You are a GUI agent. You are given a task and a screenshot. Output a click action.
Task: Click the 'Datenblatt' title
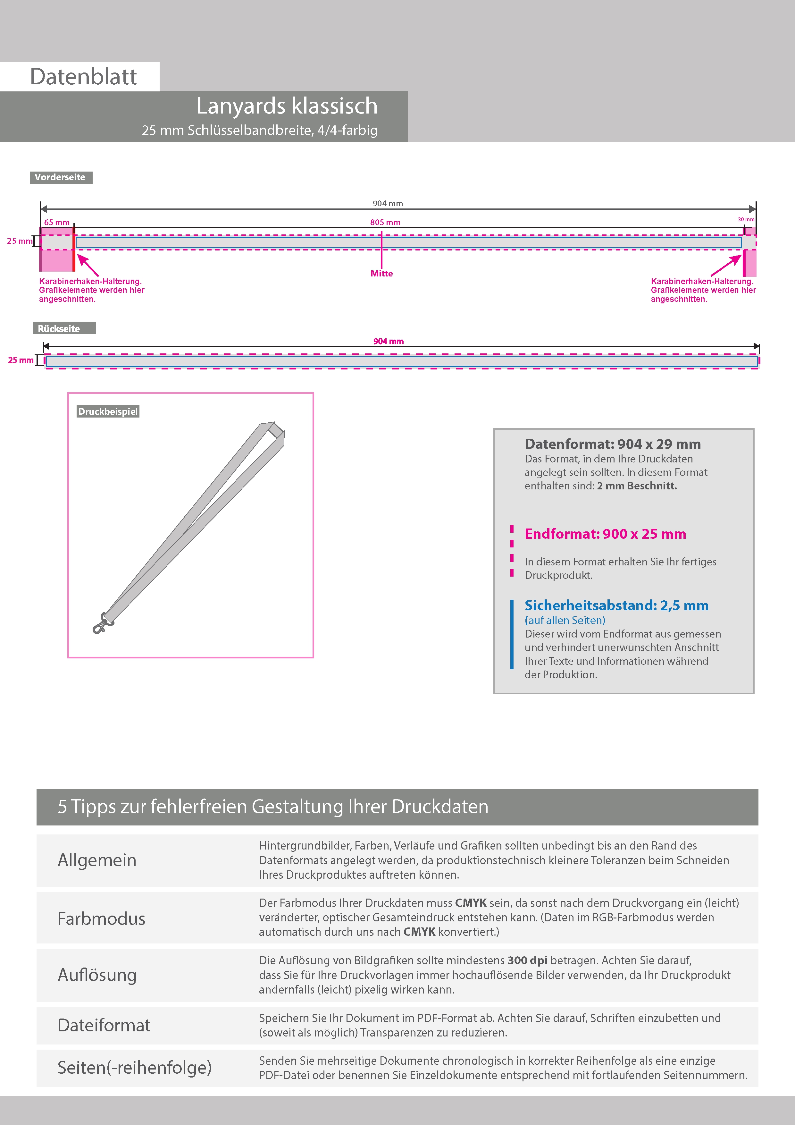tap(83, 77)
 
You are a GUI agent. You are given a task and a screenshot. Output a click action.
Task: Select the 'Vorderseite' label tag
tap(60, 177)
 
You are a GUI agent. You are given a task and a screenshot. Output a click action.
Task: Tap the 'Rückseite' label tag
tap(59, 329)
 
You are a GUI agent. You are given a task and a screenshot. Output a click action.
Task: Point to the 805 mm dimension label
tap(385, 223)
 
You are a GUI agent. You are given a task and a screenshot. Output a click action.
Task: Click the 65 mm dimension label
tap(57, 223)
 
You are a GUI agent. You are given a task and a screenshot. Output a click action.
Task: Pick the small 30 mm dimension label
tap(746, 219)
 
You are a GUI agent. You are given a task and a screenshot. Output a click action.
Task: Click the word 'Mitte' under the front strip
tap(381, 274)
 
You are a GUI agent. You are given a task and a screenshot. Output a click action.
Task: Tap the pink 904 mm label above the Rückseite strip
tap(389, 342)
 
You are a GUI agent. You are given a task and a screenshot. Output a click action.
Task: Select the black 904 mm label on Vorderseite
tap(388, 203)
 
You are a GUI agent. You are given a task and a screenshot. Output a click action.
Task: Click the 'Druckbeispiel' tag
tap(108, 411)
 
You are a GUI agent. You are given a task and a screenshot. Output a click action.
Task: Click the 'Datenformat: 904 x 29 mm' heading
tap(612, 444)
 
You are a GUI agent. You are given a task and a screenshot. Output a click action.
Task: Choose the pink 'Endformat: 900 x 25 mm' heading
tap(605, 534)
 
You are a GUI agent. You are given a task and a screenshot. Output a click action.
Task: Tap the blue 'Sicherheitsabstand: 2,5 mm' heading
tap(616, 605)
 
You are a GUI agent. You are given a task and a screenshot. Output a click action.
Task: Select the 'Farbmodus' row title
tap(101, 919)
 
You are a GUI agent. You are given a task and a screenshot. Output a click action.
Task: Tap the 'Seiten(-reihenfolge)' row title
tap(134, 1068)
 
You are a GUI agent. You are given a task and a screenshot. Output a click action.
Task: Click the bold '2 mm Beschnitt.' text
tap(637, 486)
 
